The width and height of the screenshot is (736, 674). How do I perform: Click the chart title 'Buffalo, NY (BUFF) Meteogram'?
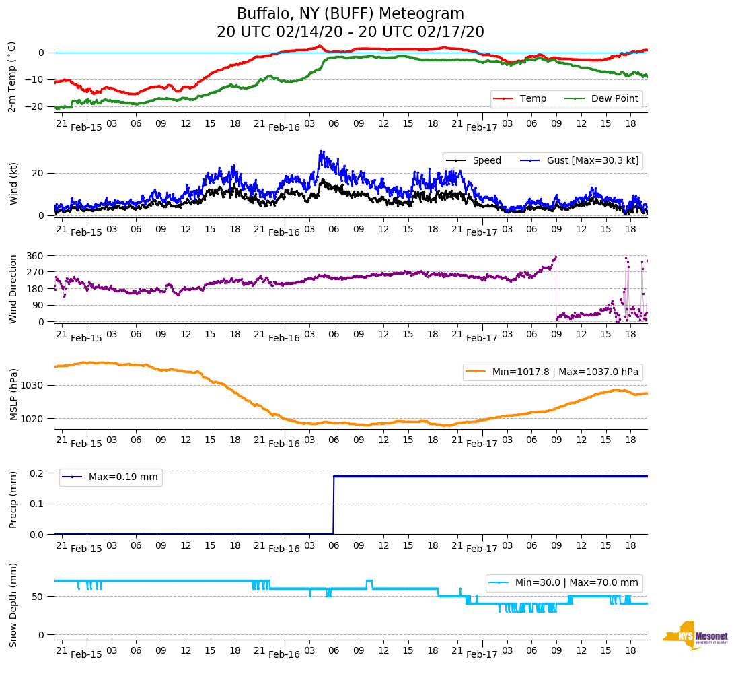(x=351, y=14)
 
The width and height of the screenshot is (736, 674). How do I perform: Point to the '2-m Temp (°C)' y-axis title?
(x=12, y=77)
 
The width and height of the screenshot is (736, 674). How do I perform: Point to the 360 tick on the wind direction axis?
(x=36, y=256)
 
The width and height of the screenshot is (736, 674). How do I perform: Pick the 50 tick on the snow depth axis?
(x=38, y=597)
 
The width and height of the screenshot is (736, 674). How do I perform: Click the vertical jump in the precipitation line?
(x=334, y=505)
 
